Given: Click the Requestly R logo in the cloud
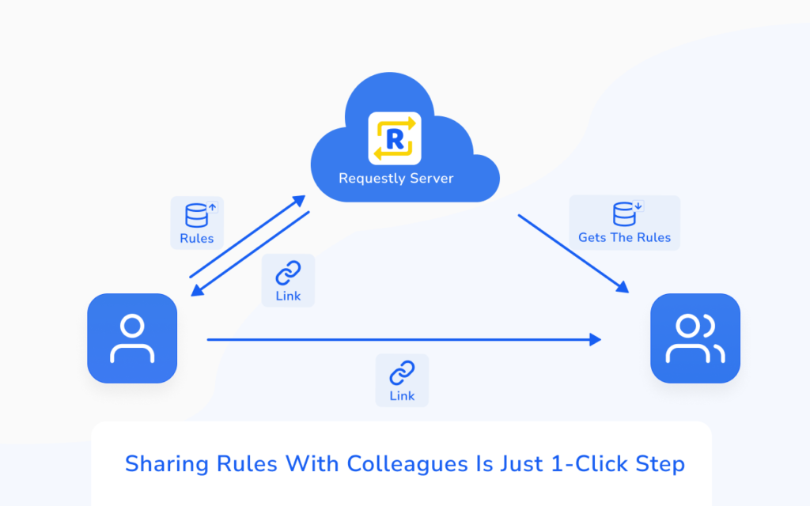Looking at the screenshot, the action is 395,138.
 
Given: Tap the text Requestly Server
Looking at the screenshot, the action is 396,179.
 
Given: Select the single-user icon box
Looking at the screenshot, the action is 132,338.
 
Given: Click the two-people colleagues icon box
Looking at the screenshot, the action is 695,338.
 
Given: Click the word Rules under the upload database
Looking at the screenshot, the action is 197,239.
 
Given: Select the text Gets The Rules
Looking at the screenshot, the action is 625,237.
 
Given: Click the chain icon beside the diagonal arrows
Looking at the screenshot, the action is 288,273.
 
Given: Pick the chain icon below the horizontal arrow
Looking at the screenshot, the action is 402,373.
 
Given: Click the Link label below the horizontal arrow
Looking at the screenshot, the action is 402,396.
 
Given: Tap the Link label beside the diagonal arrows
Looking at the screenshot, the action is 288,296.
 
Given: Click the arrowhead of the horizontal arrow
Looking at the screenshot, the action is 596,339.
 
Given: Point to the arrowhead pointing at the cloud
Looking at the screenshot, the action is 298,200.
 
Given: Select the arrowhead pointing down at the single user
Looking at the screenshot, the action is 197,291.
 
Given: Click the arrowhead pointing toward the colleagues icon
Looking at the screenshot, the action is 623,286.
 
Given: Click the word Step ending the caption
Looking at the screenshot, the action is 660,464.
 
